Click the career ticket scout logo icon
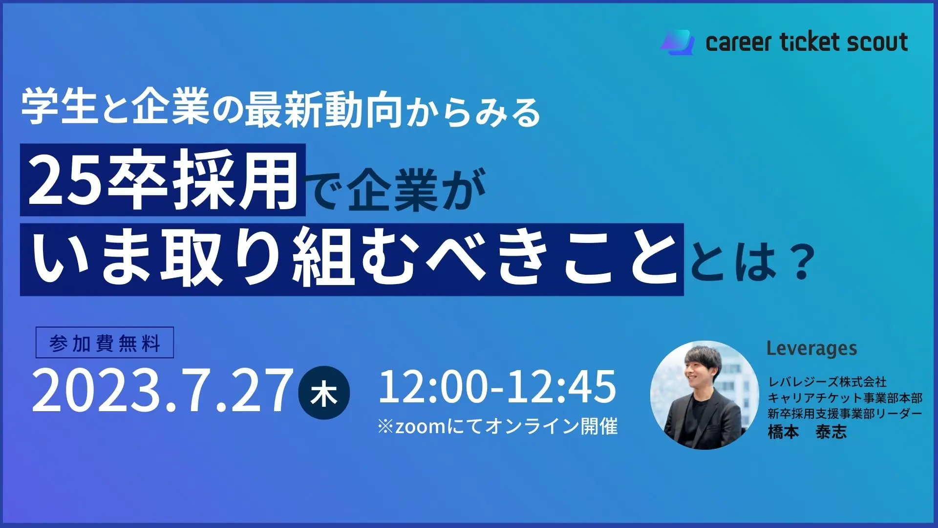[x=677, y=43]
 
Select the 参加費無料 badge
[x=105, y=343]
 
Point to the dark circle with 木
[x=324, y=393]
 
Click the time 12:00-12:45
[x=497, y=387]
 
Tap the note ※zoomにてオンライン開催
[x=497, y=426]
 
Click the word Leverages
[x=811, y=349]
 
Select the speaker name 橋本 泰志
[x=807, y=432]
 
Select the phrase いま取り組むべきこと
[x=352, y=259]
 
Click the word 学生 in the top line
[x=59, y=107]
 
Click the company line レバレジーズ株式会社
[x=827, y=382]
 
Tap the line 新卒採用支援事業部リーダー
[x=845, y=414]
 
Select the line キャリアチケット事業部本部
[x=845, y=398]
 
